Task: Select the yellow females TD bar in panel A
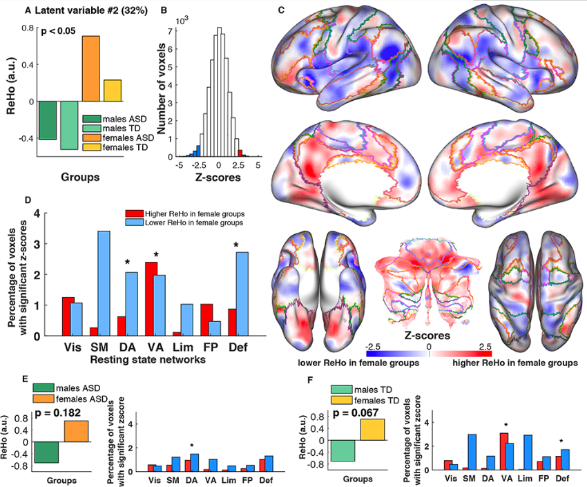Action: click(x=113, y=90)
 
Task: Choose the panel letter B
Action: click(x=164, y=10)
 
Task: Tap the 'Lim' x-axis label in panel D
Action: click(x=182, y=346)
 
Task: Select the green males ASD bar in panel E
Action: click(x=47, y=452)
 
